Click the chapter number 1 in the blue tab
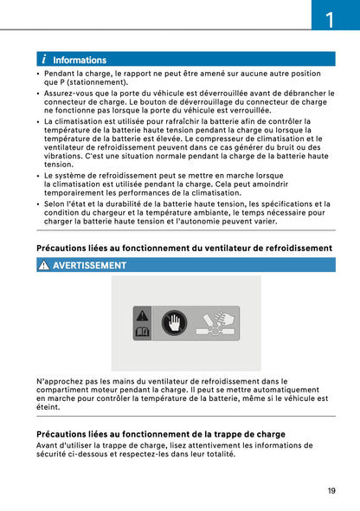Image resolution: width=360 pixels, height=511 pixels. pyautogui.click(x=330, y=16)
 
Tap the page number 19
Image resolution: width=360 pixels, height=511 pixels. pyautogui.click(x=331, y=491)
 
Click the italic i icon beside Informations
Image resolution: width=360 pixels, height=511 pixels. pyautogui.click(x=43, y=60)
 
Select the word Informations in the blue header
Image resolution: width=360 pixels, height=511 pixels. pyautogui.click(x=80, y=61)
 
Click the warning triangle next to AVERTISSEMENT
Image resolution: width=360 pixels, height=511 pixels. pyautogui.click(x=43, y=265)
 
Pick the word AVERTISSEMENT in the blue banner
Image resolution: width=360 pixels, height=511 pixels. pyautogui.click(x=89, y=266)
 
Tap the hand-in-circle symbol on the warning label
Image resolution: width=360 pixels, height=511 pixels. pyautogui.click(x=173, y=324)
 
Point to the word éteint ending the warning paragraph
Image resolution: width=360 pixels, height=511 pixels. pyautogui.click(x=48, y=406)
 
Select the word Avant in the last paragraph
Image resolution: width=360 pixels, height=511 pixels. pyautogui.click(x=48, y=445)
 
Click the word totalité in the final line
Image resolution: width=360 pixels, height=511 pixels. pyautogui.click(x=214, y=454)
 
